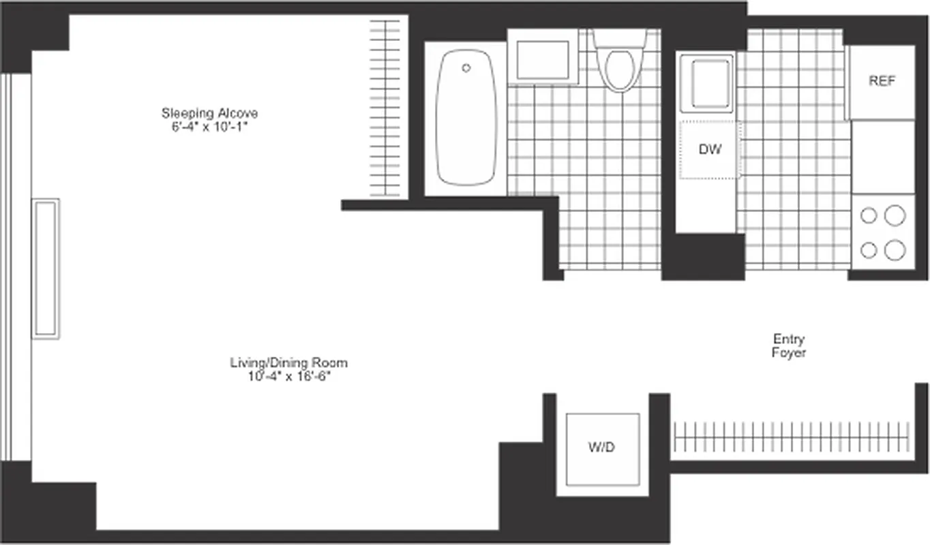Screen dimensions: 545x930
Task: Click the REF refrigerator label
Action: point(882,81)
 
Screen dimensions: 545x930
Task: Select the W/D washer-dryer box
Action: point(602,448)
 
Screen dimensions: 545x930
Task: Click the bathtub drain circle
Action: point(466,68)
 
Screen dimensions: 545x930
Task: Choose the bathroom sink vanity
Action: point(543,61)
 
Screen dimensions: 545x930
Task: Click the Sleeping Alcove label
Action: point(209,113)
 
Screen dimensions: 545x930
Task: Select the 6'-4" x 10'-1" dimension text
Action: point(209,126)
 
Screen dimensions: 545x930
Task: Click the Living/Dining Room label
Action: point(288,362)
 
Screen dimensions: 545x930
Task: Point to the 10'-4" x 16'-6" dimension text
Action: point(288,375)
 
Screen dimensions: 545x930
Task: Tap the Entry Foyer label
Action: point(789,345)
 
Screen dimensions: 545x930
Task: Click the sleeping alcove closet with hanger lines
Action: point(385,109)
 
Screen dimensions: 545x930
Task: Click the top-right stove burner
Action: point(895,216)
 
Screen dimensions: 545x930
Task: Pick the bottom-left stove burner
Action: point(869,250)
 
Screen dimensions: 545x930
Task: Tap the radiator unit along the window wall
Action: point(46,268)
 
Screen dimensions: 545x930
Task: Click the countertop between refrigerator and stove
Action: point(883,157)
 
